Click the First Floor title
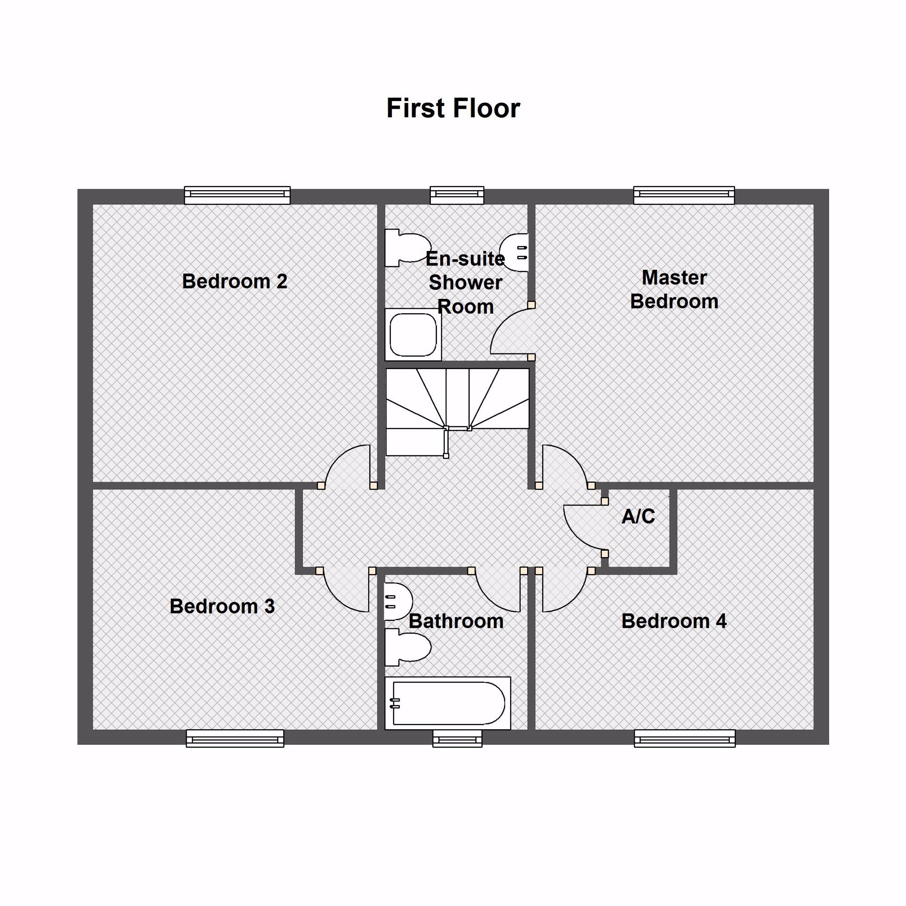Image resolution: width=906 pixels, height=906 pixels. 453,108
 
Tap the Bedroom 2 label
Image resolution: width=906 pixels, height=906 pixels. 234,281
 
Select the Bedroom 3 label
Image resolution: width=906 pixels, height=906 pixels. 222,606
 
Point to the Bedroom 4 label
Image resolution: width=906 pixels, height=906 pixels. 674,621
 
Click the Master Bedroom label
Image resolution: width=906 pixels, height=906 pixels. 674,289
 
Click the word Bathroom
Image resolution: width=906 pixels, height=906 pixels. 456,621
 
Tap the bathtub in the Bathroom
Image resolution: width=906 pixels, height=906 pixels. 447,703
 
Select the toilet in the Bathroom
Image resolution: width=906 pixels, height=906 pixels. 407,647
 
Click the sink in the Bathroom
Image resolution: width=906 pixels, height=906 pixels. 398,602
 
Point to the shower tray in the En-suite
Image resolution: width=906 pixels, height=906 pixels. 413,334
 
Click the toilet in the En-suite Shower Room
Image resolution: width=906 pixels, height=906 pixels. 408,248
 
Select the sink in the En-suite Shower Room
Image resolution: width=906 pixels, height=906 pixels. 514,252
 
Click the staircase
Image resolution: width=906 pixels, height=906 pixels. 457,412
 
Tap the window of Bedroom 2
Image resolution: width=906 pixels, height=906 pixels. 237,195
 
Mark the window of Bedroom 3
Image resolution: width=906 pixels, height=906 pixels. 235,738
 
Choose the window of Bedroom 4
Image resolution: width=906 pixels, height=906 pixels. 685,738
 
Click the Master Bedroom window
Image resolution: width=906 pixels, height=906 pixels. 684,195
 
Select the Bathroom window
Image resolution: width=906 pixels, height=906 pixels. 457,738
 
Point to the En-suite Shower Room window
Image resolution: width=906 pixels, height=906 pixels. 457,195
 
